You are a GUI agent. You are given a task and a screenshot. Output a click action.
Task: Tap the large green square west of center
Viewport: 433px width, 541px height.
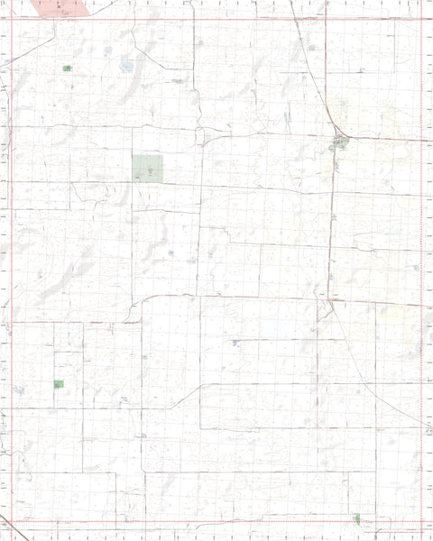148,168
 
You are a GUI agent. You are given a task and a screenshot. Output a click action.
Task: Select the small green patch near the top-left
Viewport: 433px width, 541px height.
68,69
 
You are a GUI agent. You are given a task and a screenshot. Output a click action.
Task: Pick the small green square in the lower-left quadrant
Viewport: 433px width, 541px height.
59,384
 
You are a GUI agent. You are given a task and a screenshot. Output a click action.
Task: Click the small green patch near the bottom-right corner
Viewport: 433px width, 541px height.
357,518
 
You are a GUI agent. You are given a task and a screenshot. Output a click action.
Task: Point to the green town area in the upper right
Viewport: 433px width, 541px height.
339,141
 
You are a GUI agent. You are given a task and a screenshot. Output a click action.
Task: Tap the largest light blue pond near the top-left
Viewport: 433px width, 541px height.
126,65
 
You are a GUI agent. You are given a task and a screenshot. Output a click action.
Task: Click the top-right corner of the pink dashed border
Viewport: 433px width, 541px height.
421,18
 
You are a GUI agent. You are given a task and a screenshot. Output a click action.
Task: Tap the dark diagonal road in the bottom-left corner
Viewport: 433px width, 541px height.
9,528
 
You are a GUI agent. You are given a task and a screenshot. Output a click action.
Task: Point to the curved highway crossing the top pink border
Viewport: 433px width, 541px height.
295,18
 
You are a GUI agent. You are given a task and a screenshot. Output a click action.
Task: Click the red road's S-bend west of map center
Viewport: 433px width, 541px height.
140,307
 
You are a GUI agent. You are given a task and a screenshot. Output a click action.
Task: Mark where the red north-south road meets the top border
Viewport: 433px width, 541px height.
193,18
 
